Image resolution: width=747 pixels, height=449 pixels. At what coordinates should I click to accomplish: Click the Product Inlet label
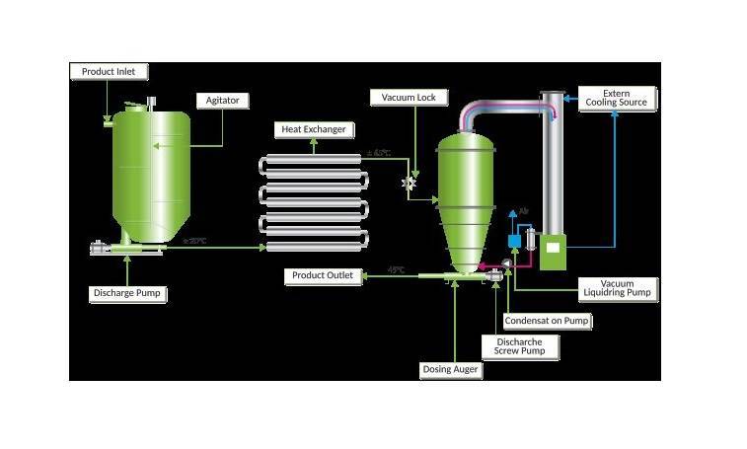(109, 72)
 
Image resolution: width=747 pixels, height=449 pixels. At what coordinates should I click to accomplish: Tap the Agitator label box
(223, 101)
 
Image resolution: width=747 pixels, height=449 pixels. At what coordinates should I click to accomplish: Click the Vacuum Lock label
(409, 98)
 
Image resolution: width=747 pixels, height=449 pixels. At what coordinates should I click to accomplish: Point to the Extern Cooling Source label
(618, 98)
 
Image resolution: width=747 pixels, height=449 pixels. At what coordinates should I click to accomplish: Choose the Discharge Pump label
(127, 293)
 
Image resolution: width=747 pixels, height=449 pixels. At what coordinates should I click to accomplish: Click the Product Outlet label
(321, 275)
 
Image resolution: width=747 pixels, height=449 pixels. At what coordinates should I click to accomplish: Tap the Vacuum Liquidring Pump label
(617, 288)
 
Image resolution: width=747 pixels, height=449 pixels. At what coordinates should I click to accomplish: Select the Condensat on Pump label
(548, 321)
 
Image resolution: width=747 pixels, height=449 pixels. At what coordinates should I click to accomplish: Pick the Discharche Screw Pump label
(519, 347)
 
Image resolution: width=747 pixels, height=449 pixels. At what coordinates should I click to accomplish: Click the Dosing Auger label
(451, 370)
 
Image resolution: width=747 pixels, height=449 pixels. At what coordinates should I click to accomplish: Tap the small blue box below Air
(513, 241)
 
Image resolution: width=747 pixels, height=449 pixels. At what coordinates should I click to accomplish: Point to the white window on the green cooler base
(554, 247)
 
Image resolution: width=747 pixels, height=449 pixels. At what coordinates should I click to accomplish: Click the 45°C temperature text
(396, 269)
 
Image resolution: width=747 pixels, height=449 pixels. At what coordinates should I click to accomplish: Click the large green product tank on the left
(151, 178)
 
